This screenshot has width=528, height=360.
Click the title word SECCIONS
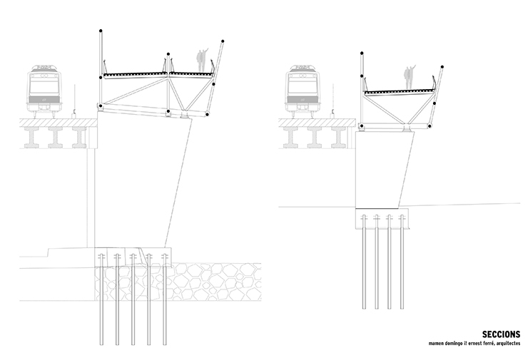tap(501, 334)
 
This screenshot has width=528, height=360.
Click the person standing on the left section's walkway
tap(203, 60)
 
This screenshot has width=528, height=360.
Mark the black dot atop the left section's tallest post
tap(100, 31)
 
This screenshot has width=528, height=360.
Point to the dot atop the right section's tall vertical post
tap(362, 52)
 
